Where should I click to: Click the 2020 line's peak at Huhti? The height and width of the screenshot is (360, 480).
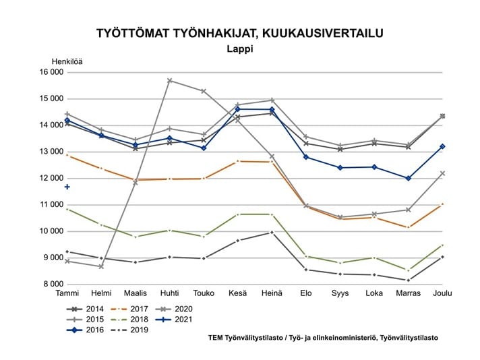(169, 80)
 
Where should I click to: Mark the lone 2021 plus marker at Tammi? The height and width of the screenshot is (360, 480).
(67, 187)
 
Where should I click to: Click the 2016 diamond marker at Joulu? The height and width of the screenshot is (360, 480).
(442, 146)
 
